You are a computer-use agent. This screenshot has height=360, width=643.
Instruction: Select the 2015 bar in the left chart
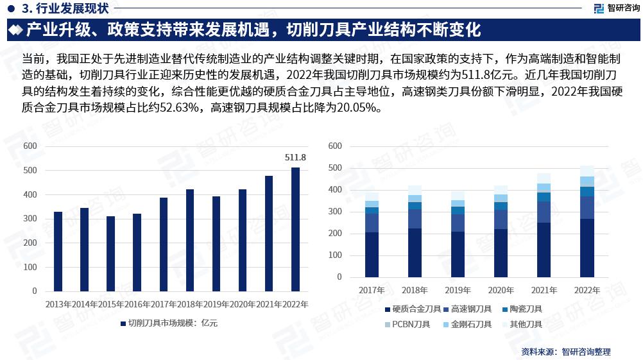coord(110,253)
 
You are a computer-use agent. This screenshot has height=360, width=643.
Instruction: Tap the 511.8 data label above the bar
coord(295,157)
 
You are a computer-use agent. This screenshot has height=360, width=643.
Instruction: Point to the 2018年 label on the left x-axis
coord(189,304)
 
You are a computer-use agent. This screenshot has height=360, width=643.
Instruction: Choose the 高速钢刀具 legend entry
coord(471,309)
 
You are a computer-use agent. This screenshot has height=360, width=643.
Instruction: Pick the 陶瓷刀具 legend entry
coord(526,309)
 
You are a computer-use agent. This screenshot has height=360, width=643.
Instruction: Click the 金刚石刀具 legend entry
coord(471,325)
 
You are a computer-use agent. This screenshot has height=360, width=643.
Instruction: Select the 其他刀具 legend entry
coord(526,325)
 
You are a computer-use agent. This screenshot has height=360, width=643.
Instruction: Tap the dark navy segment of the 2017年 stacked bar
coord(372,255)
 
